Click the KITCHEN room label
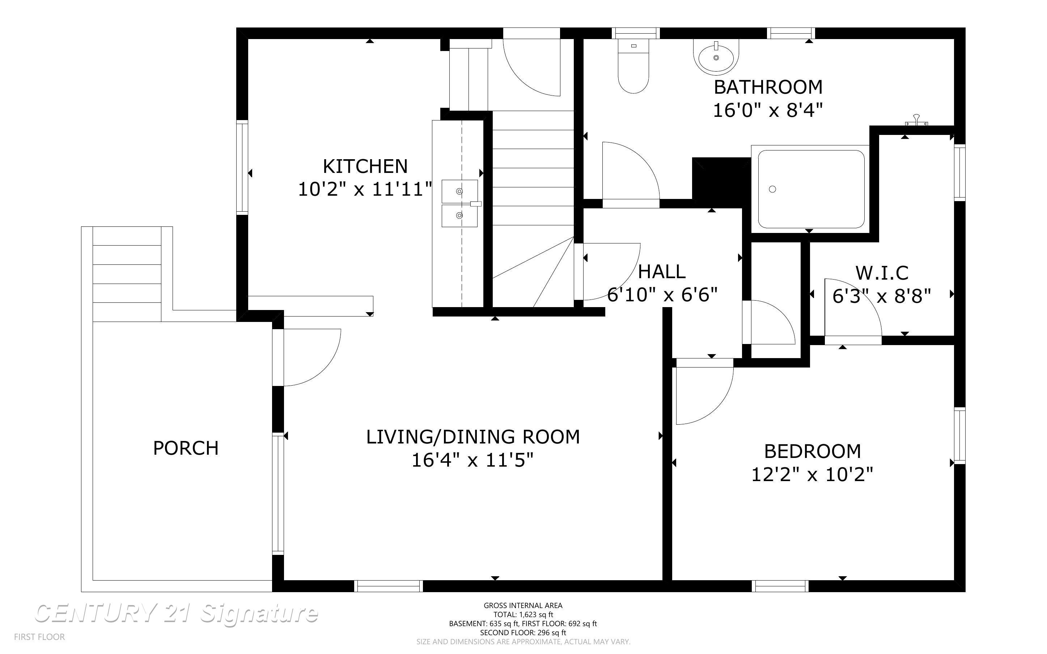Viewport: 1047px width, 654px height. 365,166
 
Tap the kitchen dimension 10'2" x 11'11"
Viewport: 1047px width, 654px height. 365,190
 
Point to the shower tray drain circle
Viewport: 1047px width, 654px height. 772,189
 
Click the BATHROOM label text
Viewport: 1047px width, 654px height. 768,88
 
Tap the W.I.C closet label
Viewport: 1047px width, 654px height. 882,273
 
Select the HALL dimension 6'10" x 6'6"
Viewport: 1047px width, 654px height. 662,295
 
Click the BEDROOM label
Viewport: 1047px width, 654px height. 812,451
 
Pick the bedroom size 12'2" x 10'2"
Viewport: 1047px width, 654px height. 812,475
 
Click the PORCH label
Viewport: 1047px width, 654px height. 186,448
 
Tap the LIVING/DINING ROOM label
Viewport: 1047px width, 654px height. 473,437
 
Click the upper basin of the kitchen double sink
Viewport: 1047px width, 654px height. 459,191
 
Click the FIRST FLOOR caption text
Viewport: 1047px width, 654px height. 39,637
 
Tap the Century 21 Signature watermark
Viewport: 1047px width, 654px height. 177,613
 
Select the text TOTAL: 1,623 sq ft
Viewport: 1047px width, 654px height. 523,615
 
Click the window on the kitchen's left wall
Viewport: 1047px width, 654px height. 242,167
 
